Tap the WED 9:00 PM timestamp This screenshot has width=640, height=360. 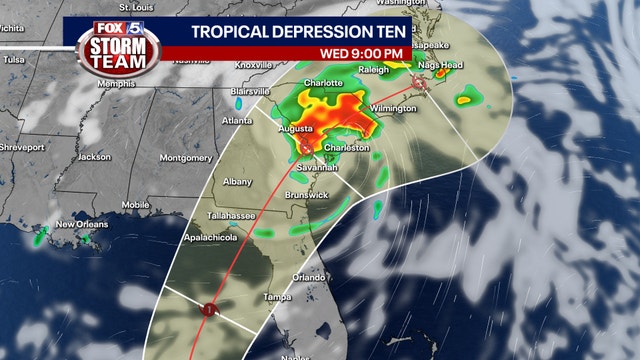pos(361,53)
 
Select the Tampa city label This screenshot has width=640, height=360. pos(277,297)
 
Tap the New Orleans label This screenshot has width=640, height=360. pos(80,224)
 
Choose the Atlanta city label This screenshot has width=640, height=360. pos(237,121)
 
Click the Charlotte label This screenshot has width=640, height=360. pos(323,83)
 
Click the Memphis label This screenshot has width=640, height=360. pos(116,83)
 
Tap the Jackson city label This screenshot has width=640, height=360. pos(94,156)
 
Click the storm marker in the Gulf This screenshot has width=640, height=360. pos(208,310)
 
